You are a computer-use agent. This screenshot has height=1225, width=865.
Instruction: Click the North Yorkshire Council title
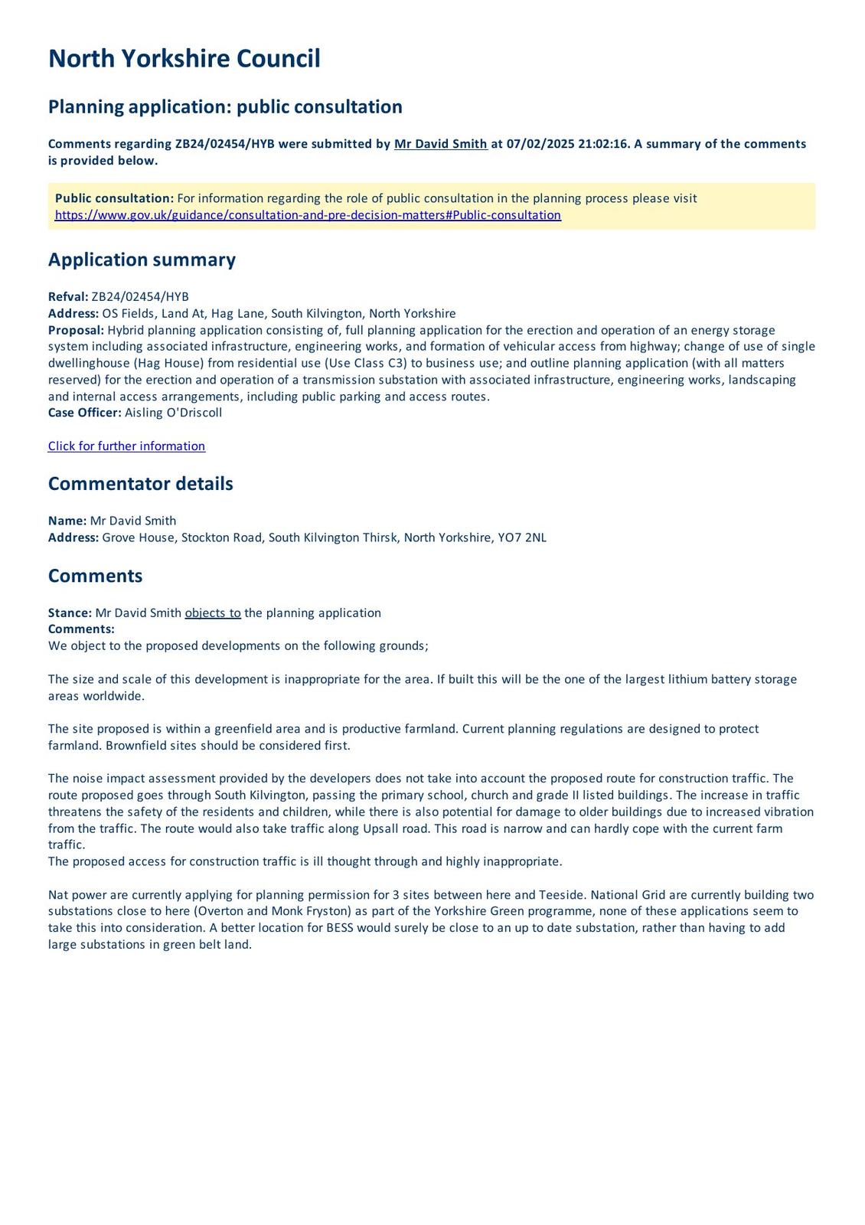click(x=184, y=59)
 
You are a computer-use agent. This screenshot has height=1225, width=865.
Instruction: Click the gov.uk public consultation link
click(x=308, y=215)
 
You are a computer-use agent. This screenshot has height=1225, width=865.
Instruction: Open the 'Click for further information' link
click(x=126, y=446)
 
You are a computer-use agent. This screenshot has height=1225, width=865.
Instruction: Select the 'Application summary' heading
click(x=142, y=260)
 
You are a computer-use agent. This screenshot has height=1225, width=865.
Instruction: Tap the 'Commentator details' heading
click(x=140, y=484)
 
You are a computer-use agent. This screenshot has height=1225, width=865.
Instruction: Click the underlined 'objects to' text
click(x=213, y=613)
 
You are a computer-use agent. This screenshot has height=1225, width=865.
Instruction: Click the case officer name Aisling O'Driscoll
click(x=173, y=413)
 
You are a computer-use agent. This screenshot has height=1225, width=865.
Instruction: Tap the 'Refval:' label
click(x=68, y=297)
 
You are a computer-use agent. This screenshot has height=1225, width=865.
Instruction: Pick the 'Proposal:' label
click(x=76, y=330)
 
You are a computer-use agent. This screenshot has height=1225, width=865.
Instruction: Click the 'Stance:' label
click(x=70, y=613)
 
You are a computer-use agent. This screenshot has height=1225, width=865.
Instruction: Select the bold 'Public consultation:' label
click(x=114, y=198)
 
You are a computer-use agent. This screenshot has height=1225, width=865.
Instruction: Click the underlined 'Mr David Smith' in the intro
click(x=440, y=144)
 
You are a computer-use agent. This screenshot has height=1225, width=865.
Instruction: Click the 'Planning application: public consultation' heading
click(x=225, y=106)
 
